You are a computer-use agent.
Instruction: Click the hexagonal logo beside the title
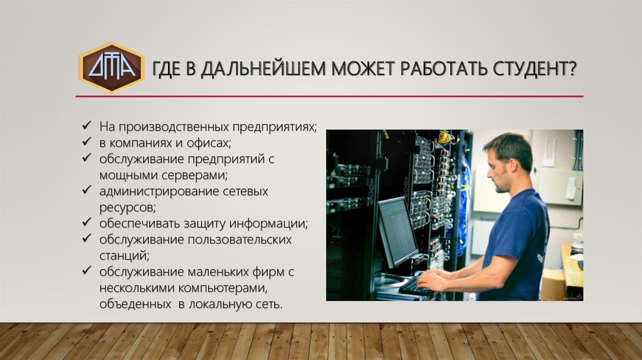(112, 68)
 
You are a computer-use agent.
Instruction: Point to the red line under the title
(330, 97)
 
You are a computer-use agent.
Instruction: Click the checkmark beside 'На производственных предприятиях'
(87, 125)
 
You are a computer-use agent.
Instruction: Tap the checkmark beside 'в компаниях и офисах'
(87, 141)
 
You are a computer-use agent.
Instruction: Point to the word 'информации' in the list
(268, 224)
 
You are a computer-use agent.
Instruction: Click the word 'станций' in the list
(124, 256)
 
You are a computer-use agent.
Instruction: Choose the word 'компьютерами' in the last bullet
(223, 289)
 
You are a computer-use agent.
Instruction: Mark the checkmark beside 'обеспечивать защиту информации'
(87, 221)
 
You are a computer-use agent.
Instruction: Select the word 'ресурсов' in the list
(127, 208)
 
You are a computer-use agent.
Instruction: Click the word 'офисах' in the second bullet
(209, 143)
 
